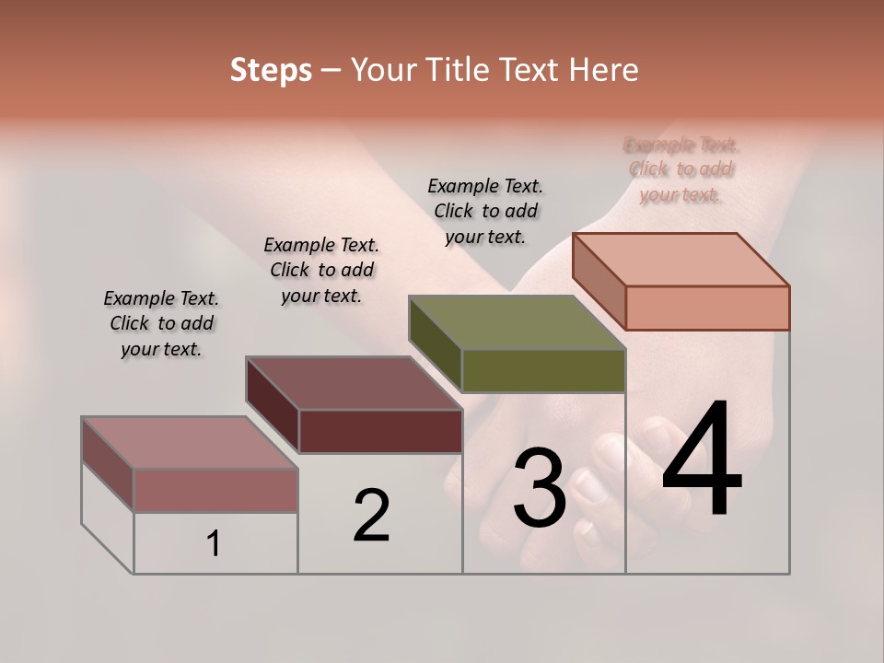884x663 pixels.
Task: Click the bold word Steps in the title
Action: click(x=271, y=70)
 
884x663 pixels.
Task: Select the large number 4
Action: click(x=702, y=460)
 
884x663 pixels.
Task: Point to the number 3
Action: click(x=539, y=487)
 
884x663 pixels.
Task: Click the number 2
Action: click(x=371, y=516)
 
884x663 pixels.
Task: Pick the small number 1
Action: click(x=214, y=544)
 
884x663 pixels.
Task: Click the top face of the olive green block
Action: click(x=517, y=322)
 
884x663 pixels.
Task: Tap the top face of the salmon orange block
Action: click(x=680, y=260)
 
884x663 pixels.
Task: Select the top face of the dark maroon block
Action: click(x=354, y=383)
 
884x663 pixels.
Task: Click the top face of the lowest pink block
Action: click(x=190, y=443)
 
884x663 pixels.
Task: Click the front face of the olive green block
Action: click(x=543, y=370)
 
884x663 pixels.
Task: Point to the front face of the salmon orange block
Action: click(x=707, y=308)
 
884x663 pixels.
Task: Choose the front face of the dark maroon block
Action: click(x=380, y=431)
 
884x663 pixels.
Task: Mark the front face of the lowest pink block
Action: click(x=215, y=490)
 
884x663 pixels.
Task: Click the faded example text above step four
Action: click(x=681, y=169)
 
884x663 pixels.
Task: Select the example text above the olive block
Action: click(x=485, y=211)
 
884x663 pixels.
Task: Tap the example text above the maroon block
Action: click(x=321, y=270)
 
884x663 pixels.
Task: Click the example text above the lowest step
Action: click(x=161, y=323)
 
